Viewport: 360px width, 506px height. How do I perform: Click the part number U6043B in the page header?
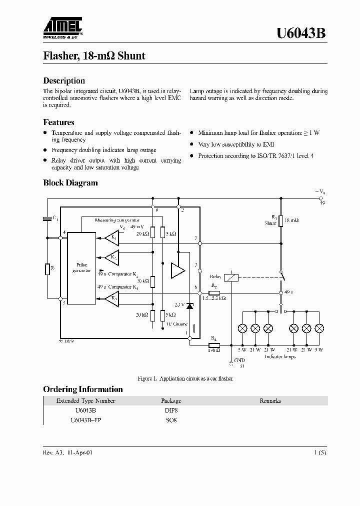coord(302,33)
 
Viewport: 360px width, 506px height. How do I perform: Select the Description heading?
coord(64,80)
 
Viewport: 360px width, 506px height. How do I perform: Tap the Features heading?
coord(58,122)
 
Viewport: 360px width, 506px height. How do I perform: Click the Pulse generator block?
coord(81,267)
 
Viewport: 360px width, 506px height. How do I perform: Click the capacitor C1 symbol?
coord(47,218)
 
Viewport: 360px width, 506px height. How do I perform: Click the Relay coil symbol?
coord(231,276)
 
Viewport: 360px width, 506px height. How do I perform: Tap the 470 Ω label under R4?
coord(213,350)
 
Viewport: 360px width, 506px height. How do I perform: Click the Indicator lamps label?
coord(280,356)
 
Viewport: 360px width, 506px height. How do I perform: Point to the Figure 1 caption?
coord(185,378)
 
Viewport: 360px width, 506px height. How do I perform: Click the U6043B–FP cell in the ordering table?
coord(86,420)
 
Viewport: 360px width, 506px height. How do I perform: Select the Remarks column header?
coord(270,400)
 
